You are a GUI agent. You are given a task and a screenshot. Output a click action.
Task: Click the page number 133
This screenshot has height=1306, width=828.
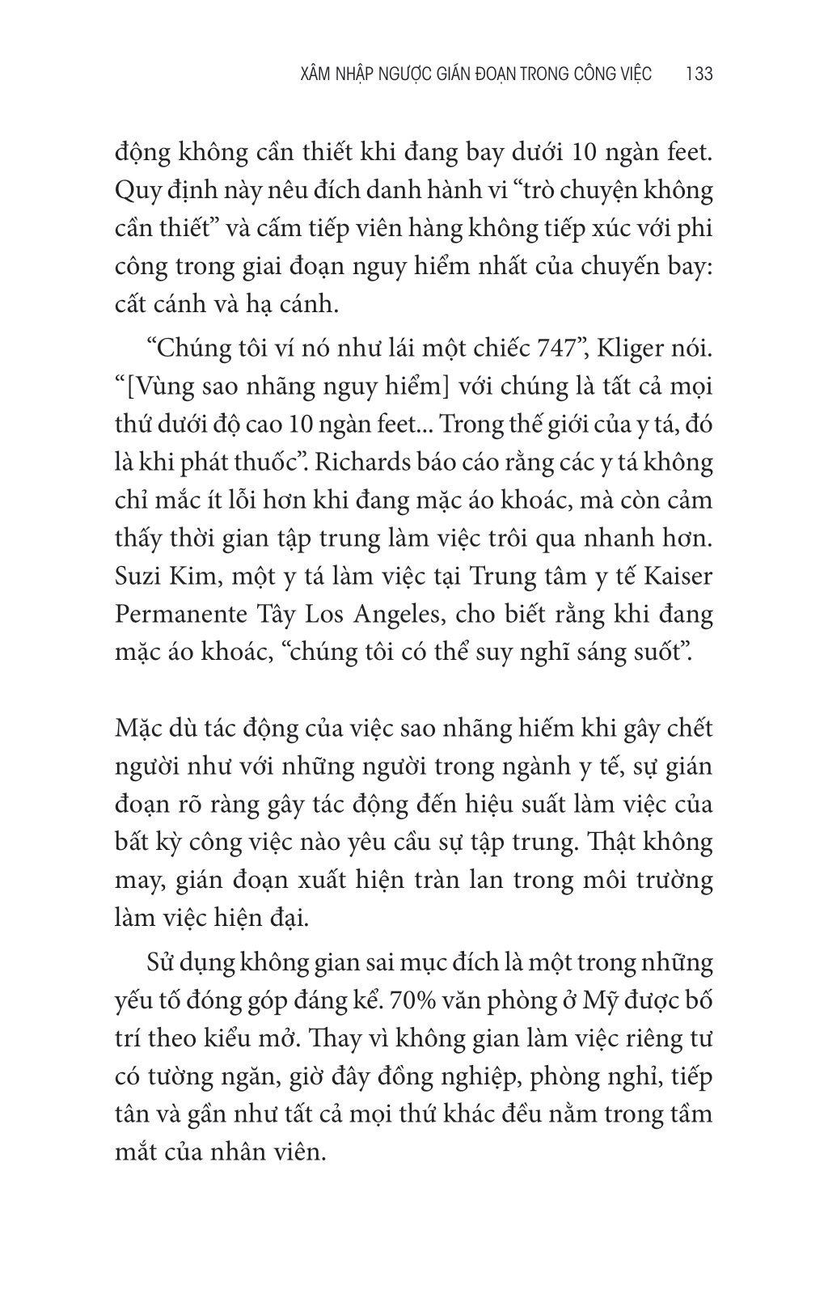pyautogui.click(x=698, y=74)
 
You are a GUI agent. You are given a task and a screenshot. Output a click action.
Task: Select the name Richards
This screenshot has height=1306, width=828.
pyautogui.click(x=359, y=463)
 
